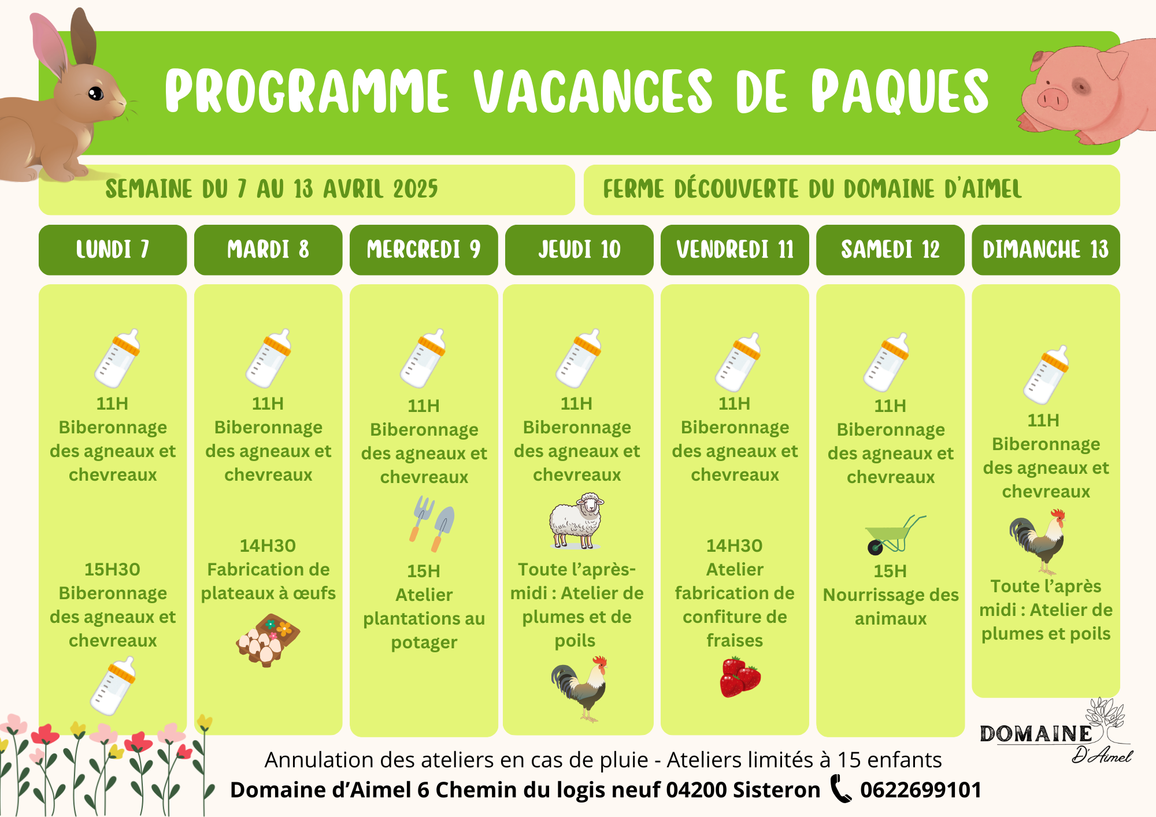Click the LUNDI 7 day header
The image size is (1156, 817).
(x=113, y=250)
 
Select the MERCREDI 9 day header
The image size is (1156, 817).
(x=424, y=250)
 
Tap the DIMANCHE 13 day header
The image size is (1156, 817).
(x=1046, y=250)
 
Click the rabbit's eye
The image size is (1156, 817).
(x=95, y=93)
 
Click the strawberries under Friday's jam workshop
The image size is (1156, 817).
(x=740, y=677)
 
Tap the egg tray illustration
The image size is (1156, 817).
(x=268, y=640)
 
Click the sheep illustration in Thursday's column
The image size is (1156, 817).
(x=576, y=521)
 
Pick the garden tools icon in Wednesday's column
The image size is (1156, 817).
(x=432, y=523)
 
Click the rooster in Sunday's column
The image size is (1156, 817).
(x=1038, y=541)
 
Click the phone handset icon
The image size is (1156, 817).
(x=841, y=789)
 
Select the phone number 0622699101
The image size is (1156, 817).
(x=921, y=790)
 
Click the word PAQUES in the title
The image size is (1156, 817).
(x=900, y=91)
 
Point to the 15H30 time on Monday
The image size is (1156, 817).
(x=113, y=569)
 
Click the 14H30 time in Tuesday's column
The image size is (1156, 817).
(x=268, y=545)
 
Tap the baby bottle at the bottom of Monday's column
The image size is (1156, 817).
(x=113, y=686)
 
